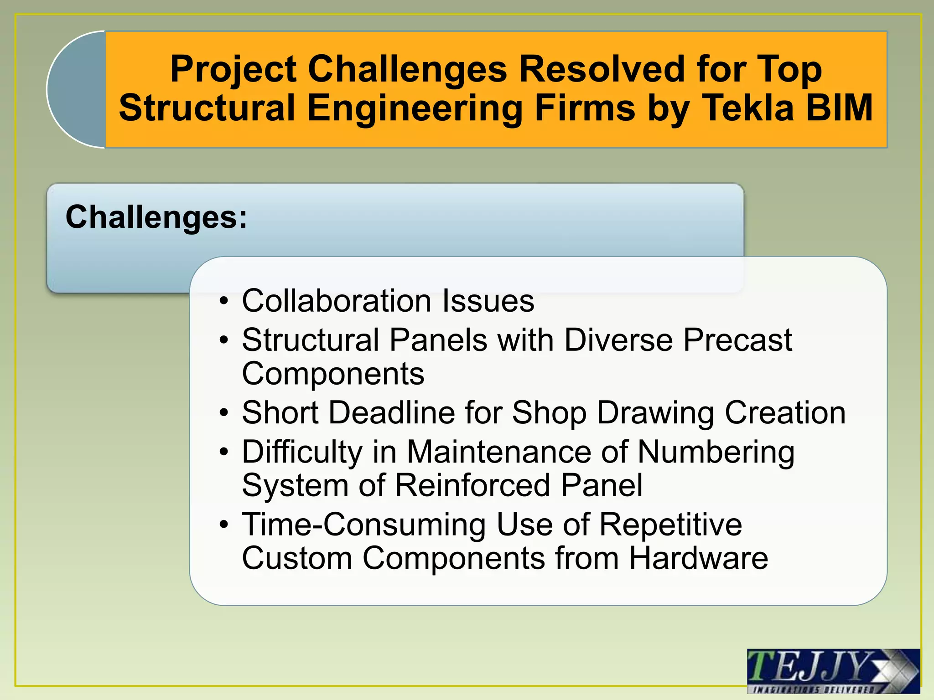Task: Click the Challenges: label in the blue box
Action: [156, 217]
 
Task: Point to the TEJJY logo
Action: [833, 671]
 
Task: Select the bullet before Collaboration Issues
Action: [223, 302]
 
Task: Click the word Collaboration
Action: [337, 301]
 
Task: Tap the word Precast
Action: [737, 340]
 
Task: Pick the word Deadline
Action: [392, 412]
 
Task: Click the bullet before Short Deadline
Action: [223, 413]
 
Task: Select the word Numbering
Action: [716, 452]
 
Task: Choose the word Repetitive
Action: [670, 525]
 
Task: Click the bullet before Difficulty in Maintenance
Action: [223, 453]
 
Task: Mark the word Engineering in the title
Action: [415, 108]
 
